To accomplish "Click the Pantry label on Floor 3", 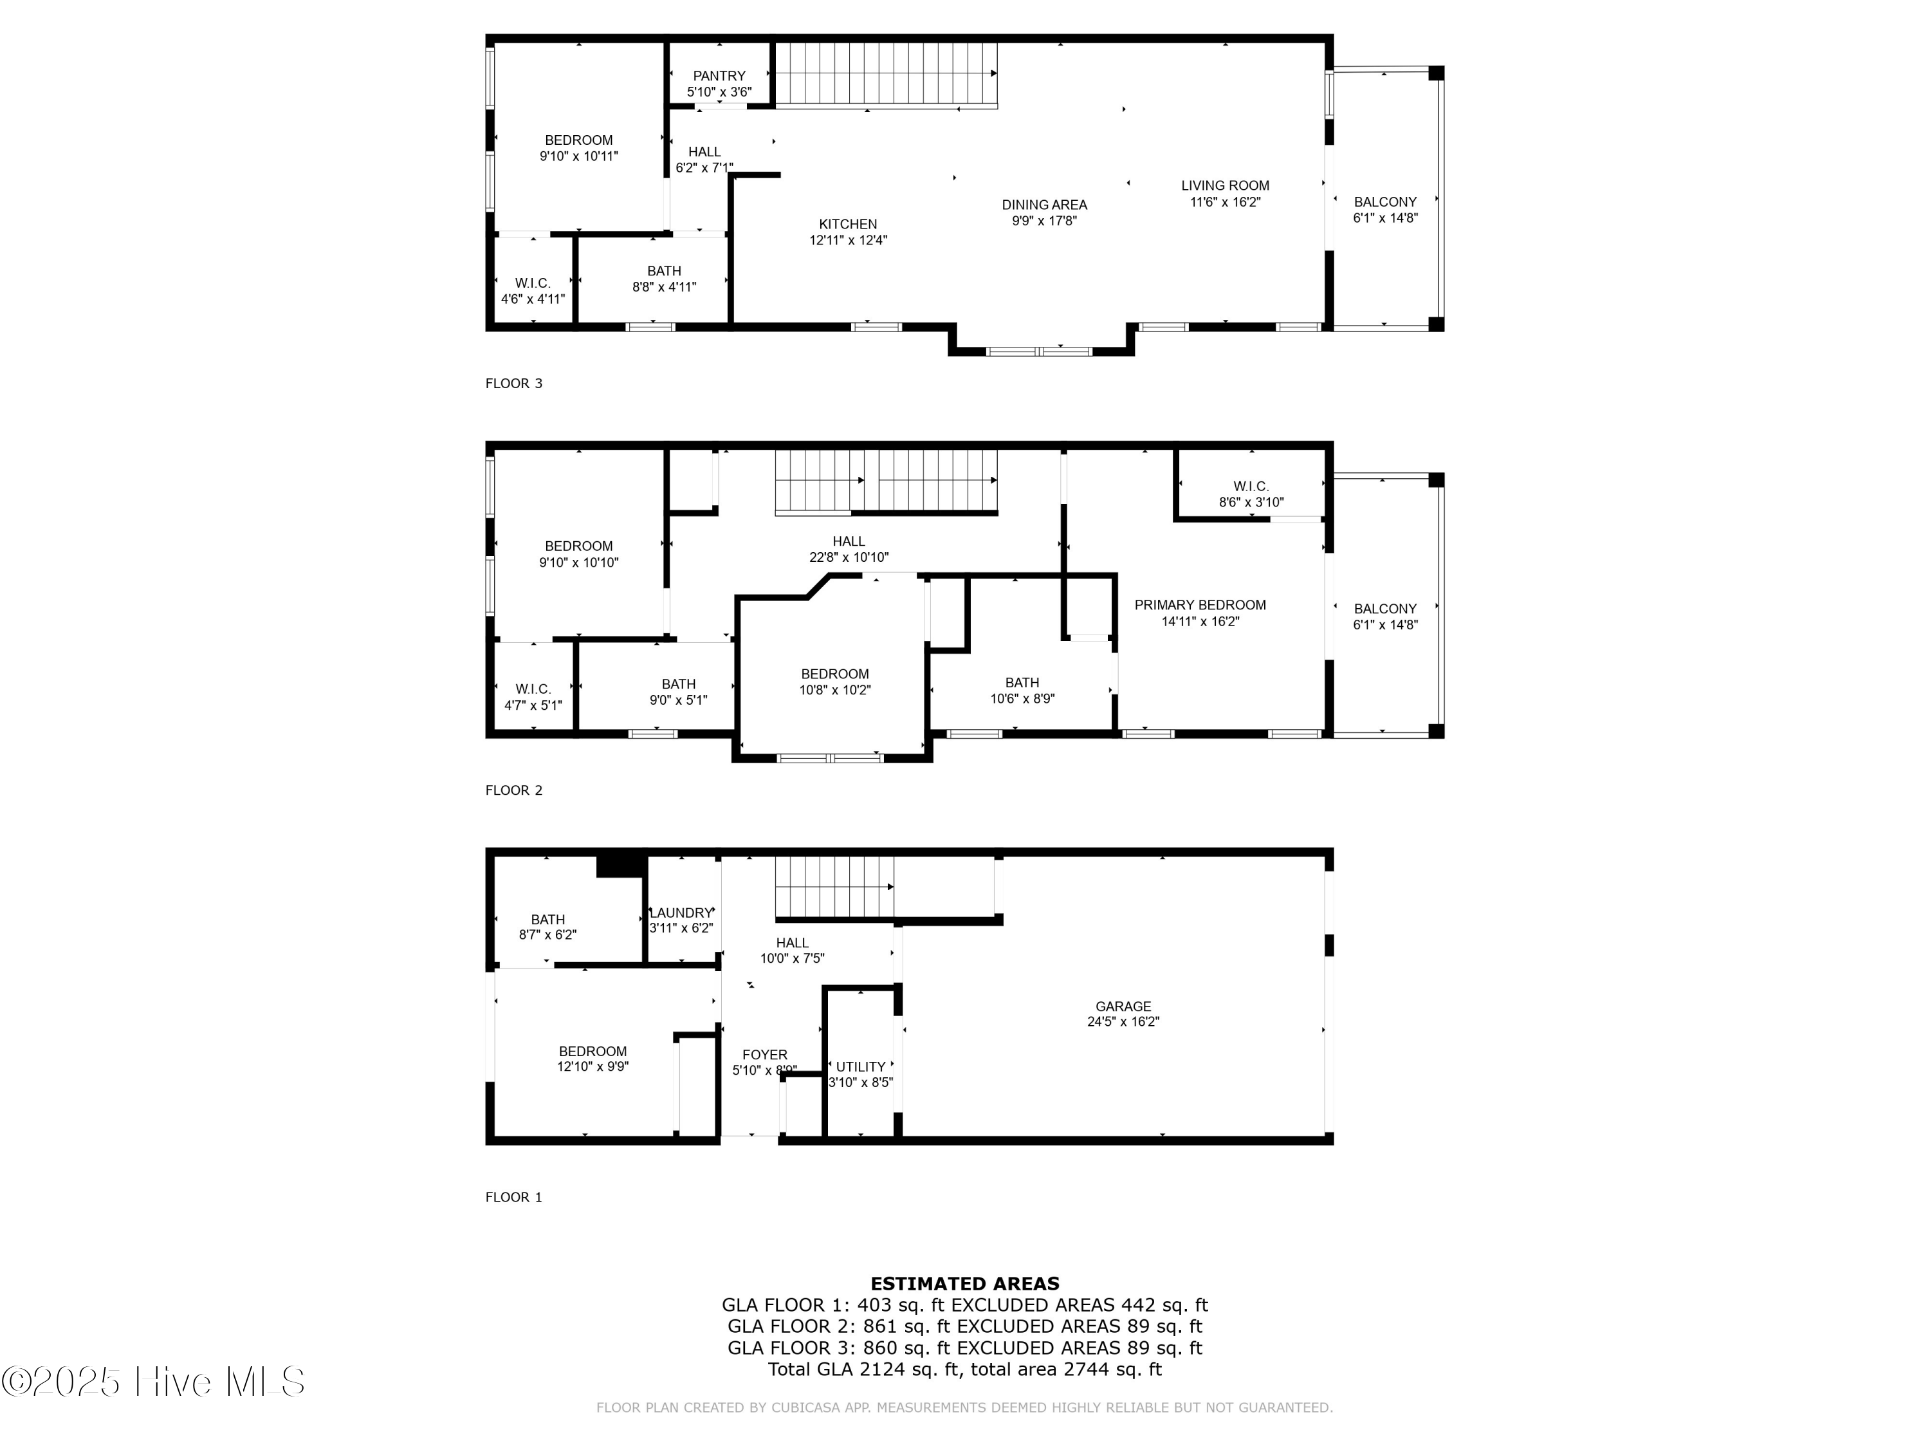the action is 719,76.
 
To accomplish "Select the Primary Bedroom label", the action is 1200,605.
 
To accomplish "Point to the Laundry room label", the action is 681,913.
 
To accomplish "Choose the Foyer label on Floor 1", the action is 764,1054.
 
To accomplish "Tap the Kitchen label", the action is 848,225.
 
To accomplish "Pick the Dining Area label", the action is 1044,205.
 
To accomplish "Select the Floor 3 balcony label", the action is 1386,201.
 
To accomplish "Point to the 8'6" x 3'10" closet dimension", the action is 1251,503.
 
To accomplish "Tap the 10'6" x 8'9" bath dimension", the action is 1023,698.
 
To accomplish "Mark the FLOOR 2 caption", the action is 514,790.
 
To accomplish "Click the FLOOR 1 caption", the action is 514,1196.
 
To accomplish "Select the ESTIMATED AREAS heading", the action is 965,1283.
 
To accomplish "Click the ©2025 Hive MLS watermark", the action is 154,1382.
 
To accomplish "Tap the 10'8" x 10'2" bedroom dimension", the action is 835,689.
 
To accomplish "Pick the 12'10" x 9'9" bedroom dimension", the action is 593,1066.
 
